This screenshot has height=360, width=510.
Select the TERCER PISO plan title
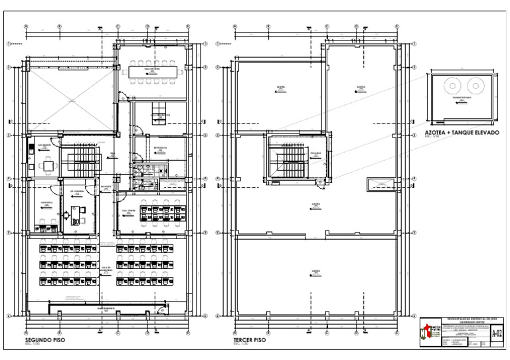pos(249,339)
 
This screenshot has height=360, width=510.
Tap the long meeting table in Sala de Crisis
pos(155,70)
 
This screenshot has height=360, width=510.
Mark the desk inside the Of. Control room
pos(73,213)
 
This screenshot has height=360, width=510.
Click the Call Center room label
pos(127,213)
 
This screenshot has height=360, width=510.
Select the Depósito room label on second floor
pos(160,149)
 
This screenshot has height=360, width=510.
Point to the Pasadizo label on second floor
pos(105,188)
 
